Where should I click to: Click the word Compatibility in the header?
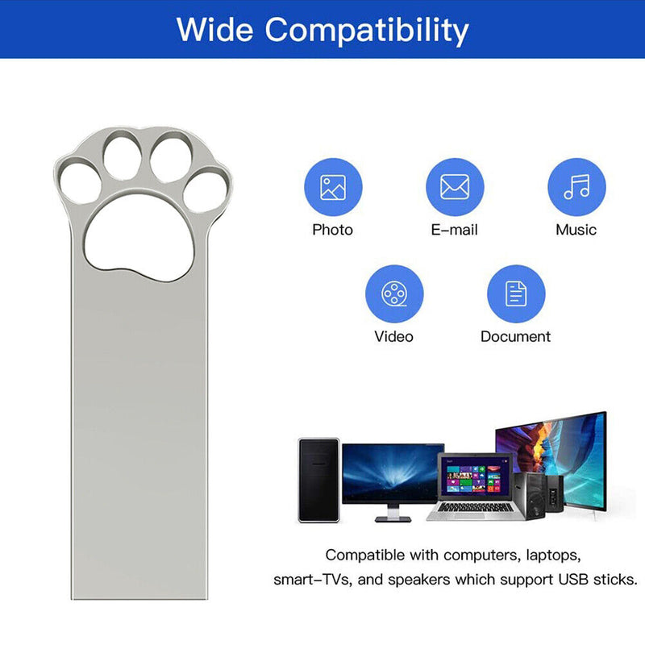368,31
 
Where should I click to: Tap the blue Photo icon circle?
332,187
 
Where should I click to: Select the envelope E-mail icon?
455,187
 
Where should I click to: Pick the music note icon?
576,187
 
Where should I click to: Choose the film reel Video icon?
393,293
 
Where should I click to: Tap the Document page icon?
516,293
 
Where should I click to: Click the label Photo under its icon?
332,230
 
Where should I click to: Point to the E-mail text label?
455,230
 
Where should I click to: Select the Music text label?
576,230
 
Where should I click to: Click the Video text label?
393,336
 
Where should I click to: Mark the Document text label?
516,336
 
